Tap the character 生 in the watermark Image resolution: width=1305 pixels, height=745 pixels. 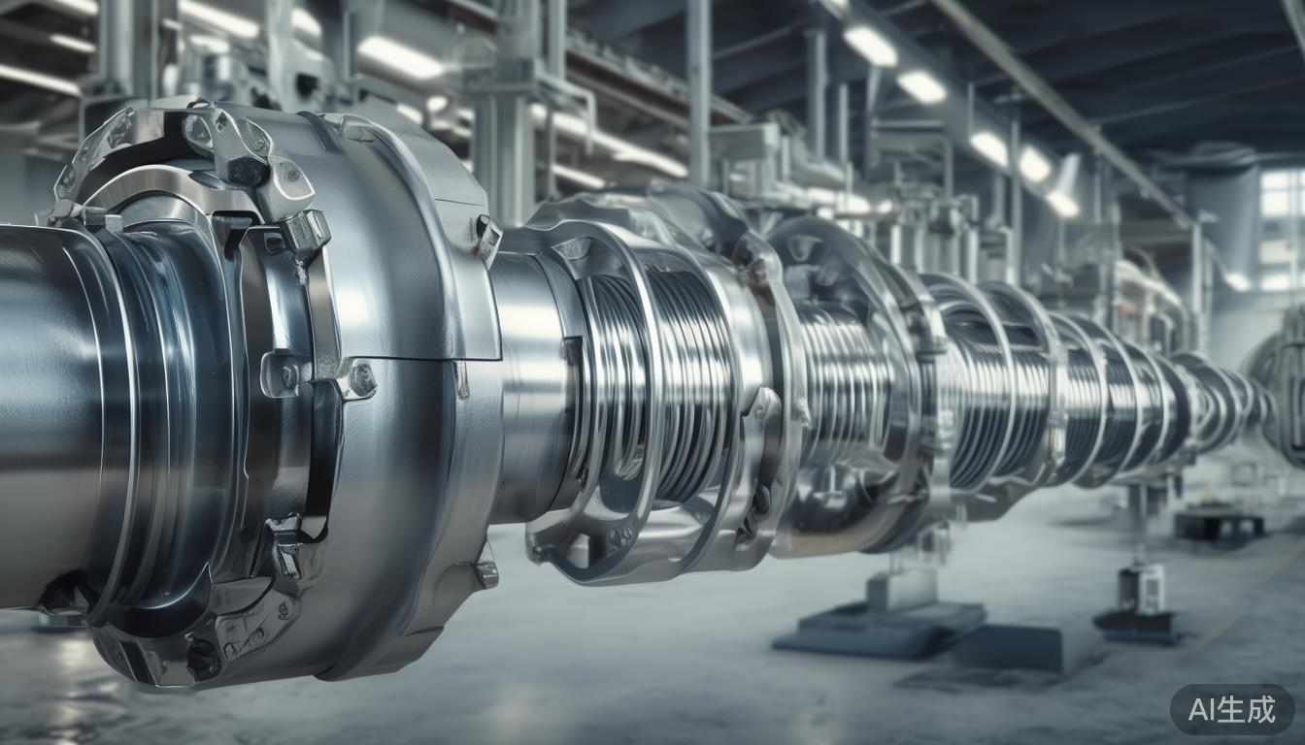coord(1232,709)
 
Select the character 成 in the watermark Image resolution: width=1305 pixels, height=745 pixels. coord(1261,709)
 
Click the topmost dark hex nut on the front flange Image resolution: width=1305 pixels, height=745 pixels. coord(248,170)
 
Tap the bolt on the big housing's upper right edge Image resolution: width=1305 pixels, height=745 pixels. coord(488,236)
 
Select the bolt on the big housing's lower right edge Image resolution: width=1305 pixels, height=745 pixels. coord(485,567)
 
